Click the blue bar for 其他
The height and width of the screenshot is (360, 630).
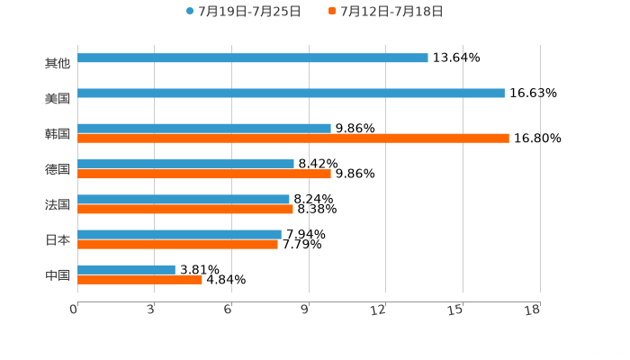pos(253,58)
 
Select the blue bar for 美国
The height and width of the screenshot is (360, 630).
pos(291,93)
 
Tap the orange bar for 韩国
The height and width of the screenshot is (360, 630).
pos(293,138)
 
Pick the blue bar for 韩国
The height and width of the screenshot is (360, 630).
pos(204,128)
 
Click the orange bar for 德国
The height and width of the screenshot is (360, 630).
pos(204,174)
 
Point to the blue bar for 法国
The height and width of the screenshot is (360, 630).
pos(184,199)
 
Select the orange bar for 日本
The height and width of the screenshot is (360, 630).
pos(177,244)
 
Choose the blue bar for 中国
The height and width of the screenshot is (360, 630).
pos(126,269)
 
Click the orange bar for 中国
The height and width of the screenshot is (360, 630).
pos(139,279)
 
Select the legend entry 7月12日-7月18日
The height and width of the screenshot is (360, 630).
pos(391,12)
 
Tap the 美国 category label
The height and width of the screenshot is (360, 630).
pos(57,98)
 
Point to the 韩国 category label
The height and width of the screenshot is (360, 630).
pos(57,133)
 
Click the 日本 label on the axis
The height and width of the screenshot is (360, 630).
pos(57,240)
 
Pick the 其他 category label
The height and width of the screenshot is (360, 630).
pos(57,63)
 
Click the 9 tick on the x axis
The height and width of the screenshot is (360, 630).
pos(306,310)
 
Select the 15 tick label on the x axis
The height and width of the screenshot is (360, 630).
pos(456,310)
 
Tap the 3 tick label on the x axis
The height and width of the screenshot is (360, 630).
pos(151,310)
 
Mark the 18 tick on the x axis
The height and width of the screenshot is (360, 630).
pos(532,310)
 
